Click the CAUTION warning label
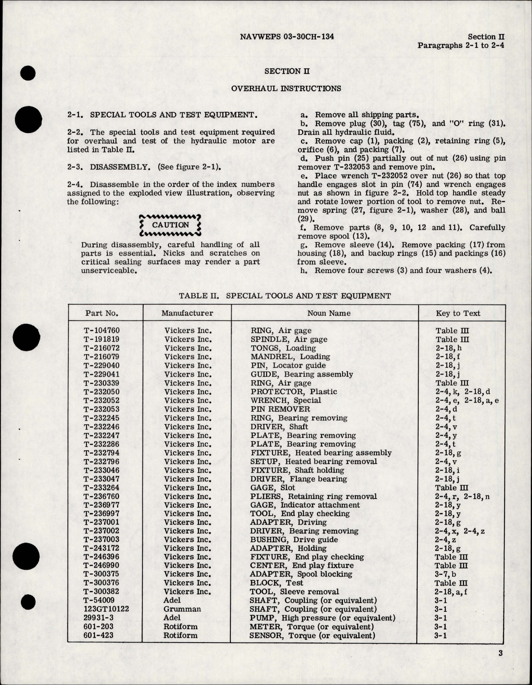(x=171, y=225)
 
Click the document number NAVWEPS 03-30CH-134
(x=287, y=37)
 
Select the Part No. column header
(x=102, y=313)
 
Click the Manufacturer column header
(x=187, y=313)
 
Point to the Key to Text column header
(x=458, y=313)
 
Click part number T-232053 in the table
(x=102, y=409)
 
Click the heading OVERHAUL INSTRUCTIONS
(x=286, y=88)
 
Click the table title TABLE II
(x=285, y=296)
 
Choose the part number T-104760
(x=102, y=331)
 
